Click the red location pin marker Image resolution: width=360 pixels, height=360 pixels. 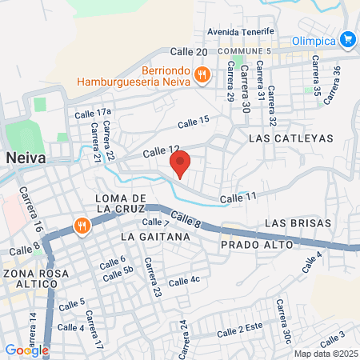181,163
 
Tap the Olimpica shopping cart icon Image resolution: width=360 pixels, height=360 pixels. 347,38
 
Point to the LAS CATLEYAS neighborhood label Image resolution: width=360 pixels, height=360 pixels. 290,138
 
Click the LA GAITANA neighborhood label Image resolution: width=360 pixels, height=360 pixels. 156,238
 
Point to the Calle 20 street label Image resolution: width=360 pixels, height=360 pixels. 190,51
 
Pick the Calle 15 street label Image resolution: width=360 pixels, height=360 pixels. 193,122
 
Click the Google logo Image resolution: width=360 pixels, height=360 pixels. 26,350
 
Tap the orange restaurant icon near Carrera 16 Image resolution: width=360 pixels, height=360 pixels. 82,226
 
